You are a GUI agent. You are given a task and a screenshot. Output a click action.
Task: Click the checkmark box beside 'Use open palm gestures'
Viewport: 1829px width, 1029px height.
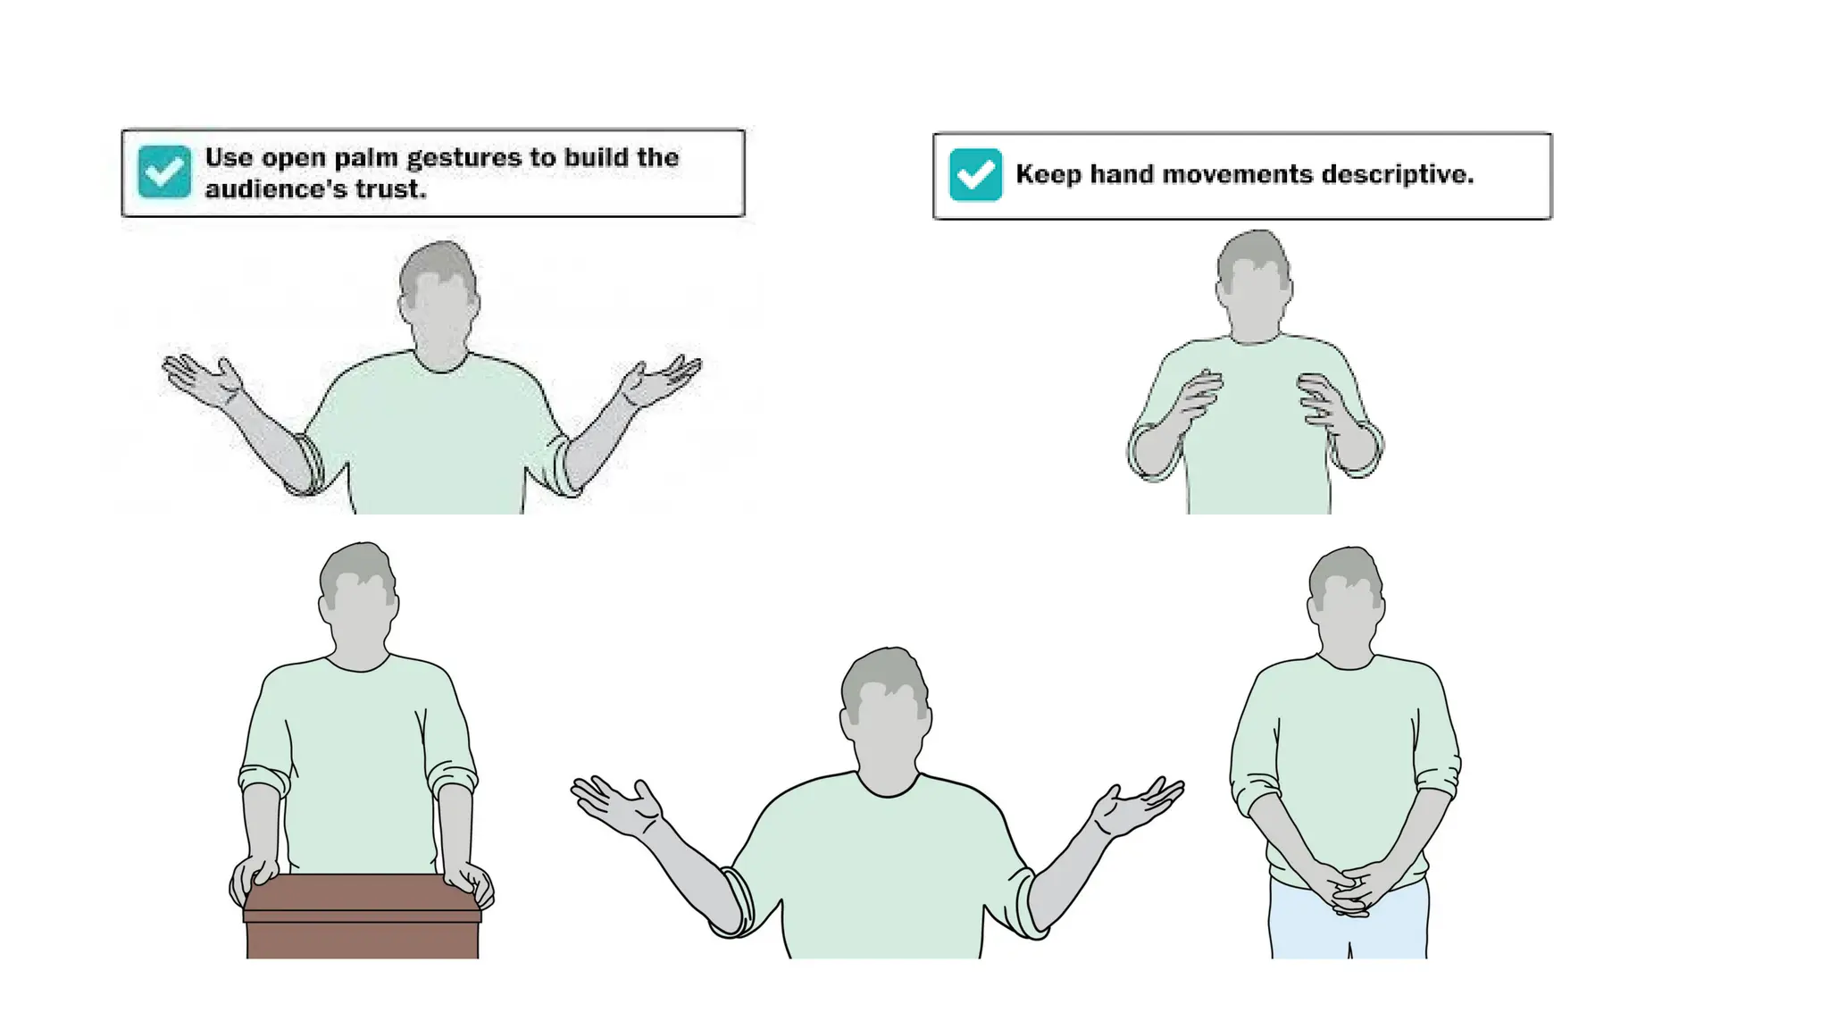[x=164, y=171]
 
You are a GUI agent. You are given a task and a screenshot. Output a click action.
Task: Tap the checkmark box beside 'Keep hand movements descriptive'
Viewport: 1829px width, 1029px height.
[x=975, y=174]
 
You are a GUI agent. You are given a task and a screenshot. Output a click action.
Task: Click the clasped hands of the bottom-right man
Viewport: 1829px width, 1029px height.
[x=1348, y=889]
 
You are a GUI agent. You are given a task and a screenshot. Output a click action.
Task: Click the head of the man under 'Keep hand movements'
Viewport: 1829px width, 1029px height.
[x=1254, y=286]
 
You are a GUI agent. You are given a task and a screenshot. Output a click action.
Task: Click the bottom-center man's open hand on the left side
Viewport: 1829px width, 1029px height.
[x=618, y=805]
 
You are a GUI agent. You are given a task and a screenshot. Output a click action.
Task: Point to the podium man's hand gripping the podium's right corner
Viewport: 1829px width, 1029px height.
[x=470, y=880]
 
